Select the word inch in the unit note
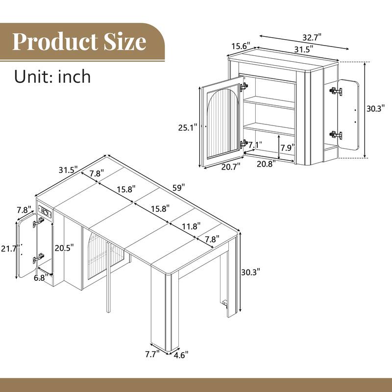point(73,76)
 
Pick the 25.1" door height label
point(188,127)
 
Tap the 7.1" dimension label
point(255,145)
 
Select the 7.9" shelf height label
point(287,147)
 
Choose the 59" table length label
point(178,188)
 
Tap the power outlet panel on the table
point(45,213)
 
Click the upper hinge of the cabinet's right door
point(336,91)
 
